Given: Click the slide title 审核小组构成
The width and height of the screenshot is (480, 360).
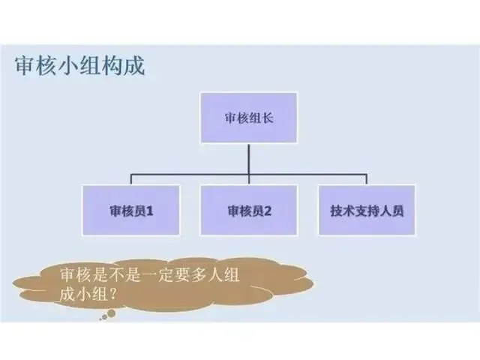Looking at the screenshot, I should (79, 65).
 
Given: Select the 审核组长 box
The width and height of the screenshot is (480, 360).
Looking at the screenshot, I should (247, 118).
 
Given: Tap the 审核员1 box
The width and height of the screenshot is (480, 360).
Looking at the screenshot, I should (131, 211).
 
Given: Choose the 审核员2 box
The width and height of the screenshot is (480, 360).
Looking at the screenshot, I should (248, 211).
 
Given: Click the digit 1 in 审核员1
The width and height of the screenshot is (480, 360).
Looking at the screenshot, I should (150, 211).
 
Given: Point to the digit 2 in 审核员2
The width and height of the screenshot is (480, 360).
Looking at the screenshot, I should (267, 211).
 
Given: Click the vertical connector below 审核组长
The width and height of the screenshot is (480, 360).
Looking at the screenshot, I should (248, 159).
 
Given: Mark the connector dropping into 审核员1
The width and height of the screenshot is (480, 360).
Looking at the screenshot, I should (131, 180).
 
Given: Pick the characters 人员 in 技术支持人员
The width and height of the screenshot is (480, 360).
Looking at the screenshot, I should (392, 211).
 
